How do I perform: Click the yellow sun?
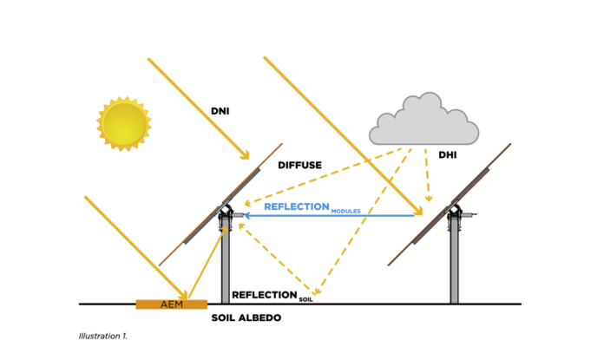click(x=123, y=123)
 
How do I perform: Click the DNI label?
click(x=220, y=111)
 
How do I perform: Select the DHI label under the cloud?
click(x=448, y=156)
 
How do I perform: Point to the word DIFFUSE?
click(x=300, y=165)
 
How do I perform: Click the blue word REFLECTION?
click(x=297, y=206)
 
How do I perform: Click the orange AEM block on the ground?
click(x=171, y=304)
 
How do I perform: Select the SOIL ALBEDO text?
click(x=246, y=318)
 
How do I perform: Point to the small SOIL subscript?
click(x=305, y=299)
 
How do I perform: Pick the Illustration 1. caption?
click(x=102, y=335)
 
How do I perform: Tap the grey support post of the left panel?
click(x=226, y=265)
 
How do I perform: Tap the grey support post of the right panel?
click(x=454, y=265)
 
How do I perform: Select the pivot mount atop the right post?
click(x=454, y=213)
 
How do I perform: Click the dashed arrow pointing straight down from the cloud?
click(x=427, y=173)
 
